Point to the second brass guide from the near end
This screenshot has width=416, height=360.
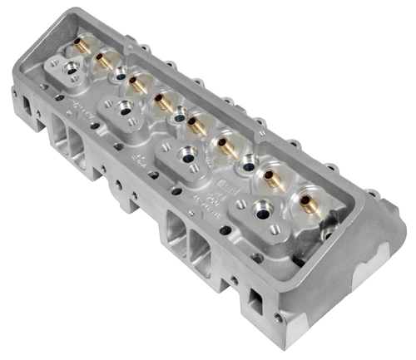(268, 175)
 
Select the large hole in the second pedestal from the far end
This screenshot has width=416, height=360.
(125, 106)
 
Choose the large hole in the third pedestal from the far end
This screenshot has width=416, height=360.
(189, 155)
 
